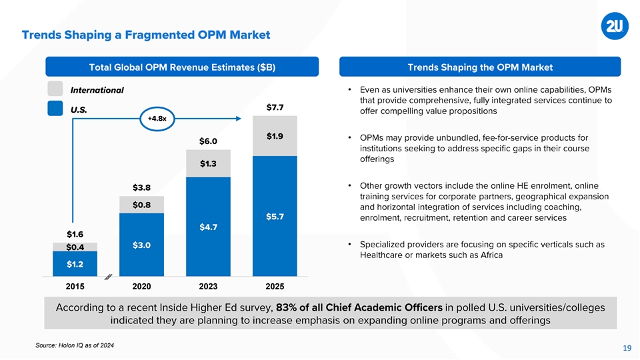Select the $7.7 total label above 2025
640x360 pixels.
(x=275, y=107)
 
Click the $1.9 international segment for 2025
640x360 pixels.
(x=275, y=137)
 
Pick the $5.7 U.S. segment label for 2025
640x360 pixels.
(x=275, y=217)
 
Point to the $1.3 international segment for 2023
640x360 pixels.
(x=208, y=163)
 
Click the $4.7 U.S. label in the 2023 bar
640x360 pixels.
(x=208, y=227)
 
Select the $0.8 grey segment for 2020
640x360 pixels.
(x=141, y=205)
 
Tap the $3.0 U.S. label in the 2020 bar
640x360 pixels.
(x=141, y=245)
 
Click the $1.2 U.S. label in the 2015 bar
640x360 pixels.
(x=75, y=264)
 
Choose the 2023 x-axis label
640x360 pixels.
(x=208, y=287)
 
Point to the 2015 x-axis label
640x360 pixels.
(x=75, y=287)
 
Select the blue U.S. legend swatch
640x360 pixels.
(x=55, y=109)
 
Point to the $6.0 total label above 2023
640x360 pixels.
(x=208, y=141)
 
